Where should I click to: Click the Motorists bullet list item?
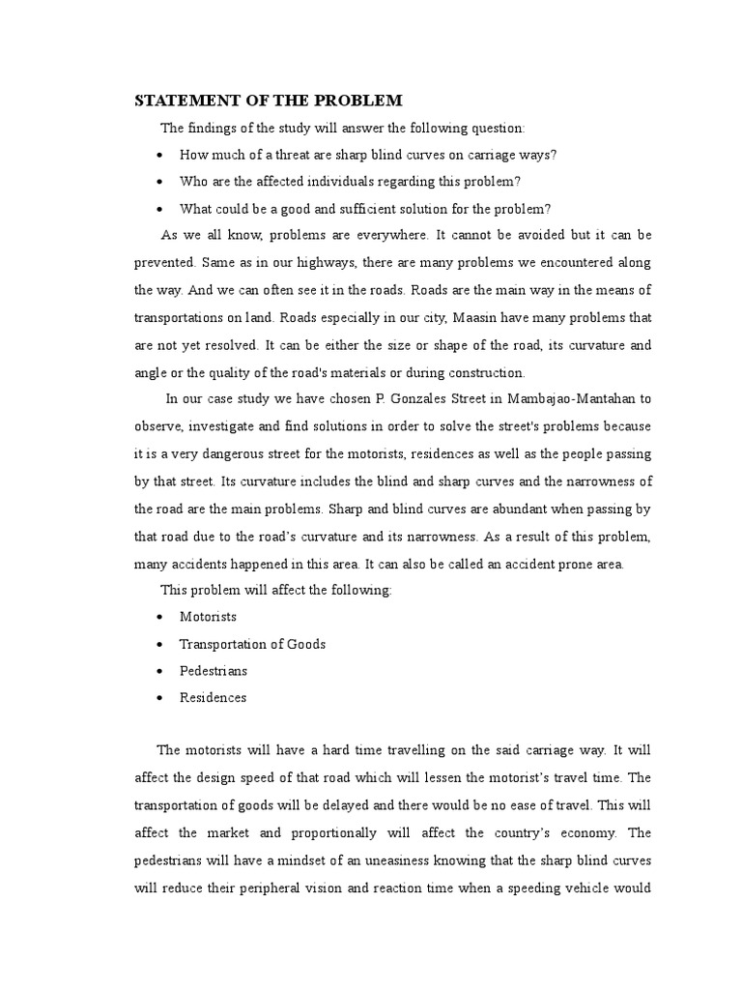(x=208, y=616)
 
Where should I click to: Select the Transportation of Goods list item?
(x=252, y=643)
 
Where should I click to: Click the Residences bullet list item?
(x=213, y=697)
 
